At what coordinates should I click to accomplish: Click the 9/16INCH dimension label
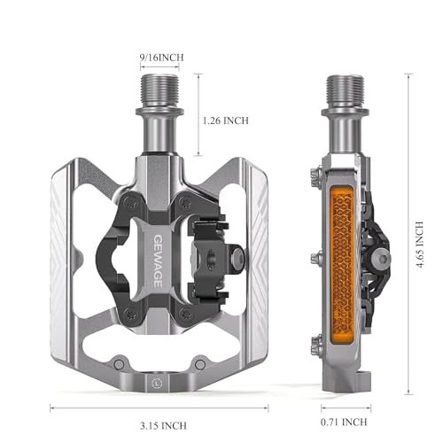[161, 57]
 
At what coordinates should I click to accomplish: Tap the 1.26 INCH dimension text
[225, 120]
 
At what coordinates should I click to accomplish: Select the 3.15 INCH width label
[163, 425]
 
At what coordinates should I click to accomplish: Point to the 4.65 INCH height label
[420, 245]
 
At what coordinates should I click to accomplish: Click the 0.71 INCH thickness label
[344, 422]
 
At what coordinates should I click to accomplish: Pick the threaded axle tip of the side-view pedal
[346, 90]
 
